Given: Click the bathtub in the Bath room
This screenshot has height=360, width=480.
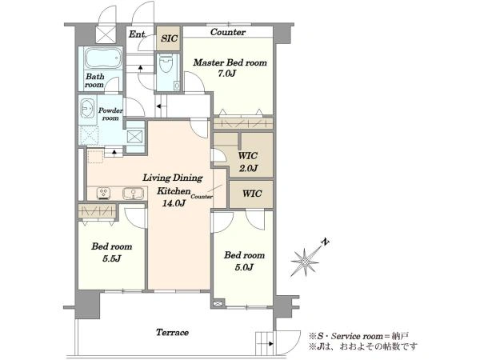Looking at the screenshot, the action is [103, 58].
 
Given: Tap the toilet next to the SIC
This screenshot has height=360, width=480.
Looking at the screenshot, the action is [166, 63].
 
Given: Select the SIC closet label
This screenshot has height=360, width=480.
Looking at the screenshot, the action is [169, 38].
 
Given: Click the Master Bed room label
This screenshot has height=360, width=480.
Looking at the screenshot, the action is [230, 62].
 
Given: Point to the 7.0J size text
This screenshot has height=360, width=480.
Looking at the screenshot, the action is [227, 74].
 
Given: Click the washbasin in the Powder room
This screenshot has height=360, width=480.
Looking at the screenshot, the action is [87, 108].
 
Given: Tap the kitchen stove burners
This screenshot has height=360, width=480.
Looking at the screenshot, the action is [103, 193].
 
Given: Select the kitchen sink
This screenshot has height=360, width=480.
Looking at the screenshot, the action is [133, 194].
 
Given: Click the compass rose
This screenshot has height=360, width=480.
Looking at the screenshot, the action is [305, 262].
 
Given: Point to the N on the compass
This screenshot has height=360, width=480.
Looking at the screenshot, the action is [325, 242].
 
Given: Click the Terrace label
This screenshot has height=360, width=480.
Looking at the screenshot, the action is [172, 333].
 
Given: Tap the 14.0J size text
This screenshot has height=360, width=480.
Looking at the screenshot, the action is [174, 203].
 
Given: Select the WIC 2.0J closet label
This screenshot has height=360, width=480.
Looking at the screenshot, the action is [248, 162].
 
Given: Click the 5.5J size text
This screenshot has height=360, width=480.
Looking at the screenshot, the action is [112, 258].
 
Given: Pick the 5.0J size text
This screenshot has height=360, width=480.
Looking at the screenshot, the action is [244, 267].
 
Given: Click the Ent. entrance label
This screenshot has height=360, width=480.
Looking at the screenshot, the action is [137, 34].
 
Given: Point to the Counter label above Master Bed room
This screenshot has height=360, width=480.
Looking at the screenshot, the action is [228, 32].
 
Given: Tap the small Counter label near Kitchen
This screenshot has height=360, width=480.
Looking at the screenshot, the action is [202, 197].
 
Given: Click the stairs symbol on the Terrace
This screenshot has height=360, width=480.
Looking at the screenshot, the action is [264, 343].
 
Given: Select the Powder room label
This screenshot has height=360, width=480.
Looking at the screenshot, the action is [110, 114].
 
